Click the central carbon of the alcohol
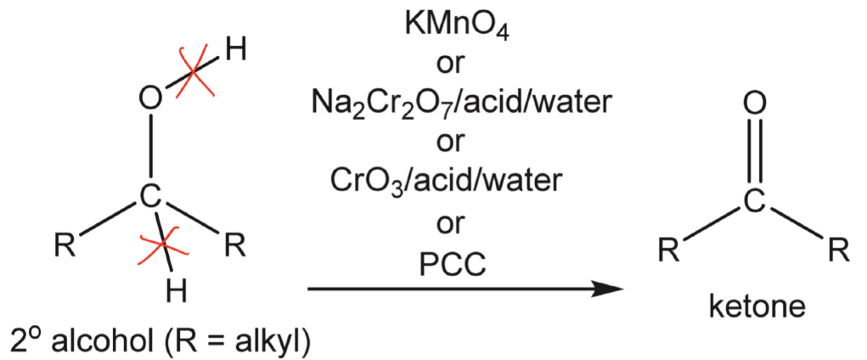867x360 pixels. pyautogui.click(x=149, y=198)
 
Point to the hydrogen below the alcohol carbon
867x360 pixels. pyautogui.click(x=175, y=291)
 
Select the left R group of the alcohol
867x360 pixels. pyautogui.click(x=64, y=247)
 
